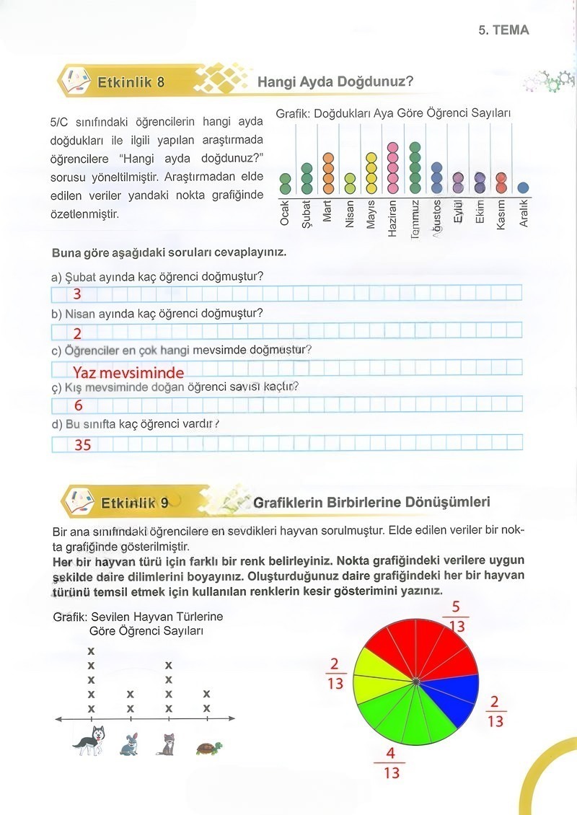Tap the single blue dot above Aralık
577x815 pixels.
pos(524,188)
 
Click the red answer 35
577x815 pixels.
pos(83,445)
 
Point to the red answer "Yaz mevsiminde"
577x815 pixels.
pos(128,373)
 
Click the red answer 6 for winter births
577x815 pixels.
pos(79,406)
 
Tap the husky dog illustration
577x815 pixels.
pos(89,741)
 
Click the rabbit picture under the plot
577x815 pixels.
pos(129,744)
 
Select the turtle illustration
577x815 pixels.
pos(208,747)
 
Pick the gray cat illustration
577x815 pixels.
pos(167,743)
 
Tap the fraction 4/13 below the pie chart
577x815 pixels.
pos(390,762)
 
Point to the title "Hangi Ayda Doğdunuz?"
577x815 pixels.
pos(335,81)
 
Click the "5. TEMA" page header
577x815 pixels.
pos(503,30)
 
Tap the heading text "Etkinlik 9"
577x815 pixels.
pos(135,503)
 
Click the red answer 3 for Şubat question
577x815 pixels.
pos(77,294)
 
